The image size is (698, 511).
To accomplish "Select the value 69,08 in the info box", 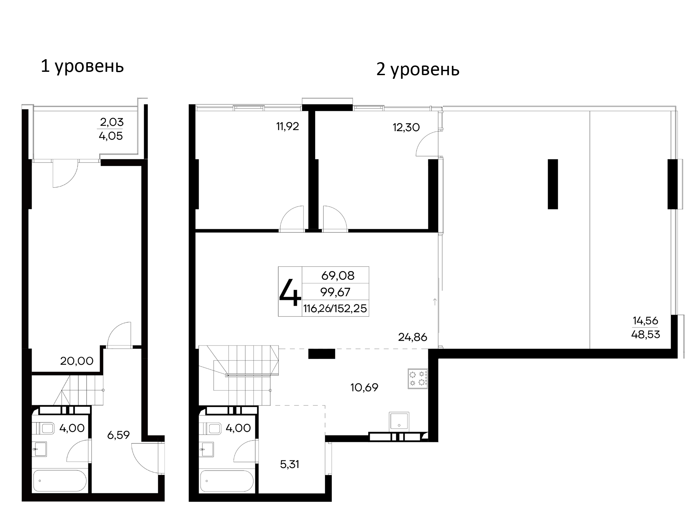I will point(338,275).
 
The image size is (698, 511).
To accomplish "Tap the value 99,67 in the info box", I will point(335,292).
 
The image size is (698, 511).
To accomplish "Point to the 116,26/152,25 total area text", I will point(335,309).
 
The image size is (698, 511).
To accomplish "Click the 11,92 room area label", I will point(288,126).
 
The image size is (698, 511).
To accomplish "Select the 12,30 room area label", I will point(406,127).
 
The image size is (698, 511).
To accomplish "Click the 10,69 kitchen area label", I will point(365,387).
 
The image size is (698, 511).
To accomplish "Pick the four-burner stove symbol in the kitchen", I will point(418,378).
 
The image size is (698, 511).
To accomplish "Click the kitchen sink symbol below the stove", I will point(399,422).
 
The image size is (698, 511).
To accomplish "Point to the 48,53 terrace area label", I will point(645,334).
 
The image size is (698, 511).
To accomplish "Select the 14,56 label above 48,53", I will point(645,321).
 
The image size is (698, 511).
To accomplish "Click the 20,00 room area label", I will point(77,361).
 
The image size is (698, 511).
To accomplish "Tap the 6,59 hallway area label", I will point(118,435).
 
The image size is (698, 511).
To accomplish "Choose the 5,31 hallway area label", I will point(290,464).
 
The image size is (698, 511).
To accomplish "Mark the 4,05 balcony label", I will point(111,136).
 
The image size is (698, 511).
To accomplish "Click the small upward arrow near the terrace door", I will point(435,302).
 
